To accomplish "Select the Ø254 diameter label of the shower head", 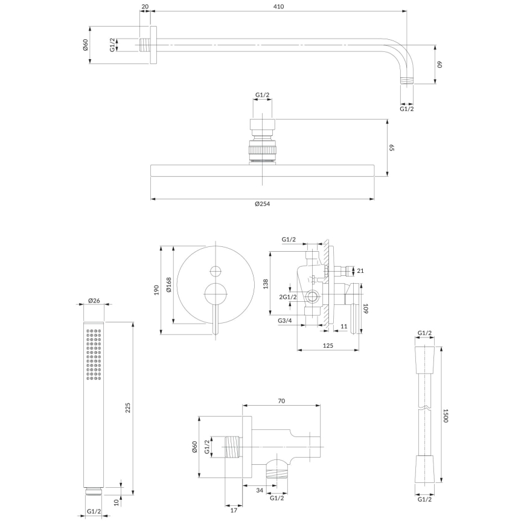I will point(261,205).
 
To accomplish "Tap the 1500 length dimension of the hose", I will point(446,416).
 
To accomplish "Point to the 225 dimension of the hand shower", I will point(127,407).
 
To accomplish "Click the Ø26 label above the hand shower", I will point(94,300).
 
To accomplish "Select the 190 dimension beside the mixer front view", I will point(156,289).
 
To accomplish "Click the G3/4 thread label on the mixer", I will point(286,320).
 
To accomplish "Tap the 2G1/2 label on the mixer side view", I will point(287,296).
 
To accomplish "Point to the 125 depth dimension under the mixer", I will point(328,345).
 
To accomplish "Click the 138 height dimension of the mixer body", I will point(265,284).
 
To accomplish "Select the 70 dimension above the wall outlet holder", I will point(281,400).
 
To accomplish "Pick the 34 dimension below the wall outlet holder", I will point(260,490).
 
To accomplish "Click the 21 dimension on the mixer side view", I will point(360,270).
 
